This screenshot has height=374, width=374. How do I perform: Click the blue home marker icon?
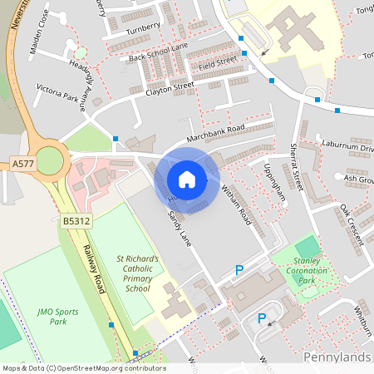click(x=187, y=180)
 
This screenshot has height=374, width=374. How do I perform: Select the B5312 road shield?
click(x=74, y=222)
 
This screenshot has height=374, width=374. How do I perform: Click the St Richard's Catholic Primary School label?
click(x=143, y=273)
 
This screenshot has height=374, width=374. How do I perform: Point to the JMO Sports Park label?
click(x=57, y=317)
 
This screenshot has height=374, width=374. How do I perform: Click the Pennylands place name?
click(x=337, y=357)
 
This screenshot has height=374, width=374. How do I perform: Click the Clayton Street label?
click(x=170, y=89)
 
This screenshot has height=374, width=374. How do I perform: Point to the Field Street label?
click(x=219, y=62)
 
